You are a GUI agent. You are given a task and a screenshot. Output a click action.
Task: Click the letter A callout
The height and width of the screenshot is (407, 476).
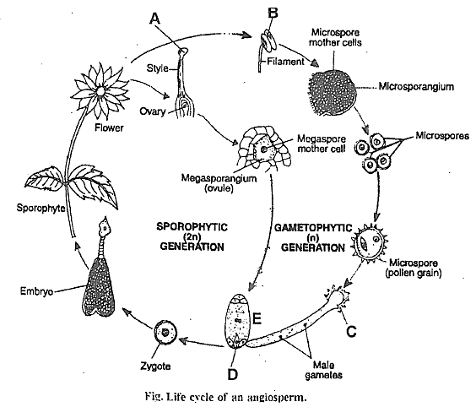click(154, 19)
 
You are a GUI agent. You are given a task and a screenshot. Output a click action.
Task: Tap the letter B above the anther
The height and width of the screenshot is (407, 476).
click(273, 13)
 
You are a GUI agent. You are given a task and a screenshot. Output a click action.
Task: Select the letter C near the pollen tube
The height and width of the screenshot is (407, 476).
click(351, 331)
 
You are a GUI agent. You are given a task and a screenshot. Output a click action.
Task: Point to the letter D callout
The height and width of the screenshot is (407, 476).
click(233, 375)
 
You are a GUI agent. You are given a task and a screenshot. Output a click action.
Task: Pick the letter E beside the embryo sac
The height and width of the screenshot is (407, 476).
click(257, 319)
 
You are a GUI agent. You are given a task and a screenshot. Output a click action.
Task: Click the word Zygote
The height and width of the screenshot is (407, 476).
click(155, 366)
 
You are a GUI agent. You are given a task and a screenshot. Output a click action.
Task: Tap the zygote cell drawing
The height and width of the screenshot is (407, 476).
click(165, 333)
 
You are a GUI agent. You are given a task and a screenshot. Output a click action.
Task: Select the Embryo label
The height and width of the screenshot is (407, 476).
click(36, 291)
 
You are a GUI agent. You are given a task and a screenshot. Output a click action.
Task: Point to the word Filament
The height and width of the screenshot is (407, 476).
click(285, 62)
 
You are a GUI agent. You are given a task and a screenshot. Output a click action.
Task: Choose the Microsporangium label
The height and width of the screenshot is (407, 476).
click(416, 87)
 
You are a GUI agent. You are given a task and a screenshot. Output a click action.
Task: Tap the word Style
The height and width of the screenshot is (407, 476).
click(157, 68)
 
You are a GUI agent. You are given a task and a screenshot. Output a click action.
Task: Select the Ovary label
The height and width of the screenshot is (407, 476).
click(153, 111)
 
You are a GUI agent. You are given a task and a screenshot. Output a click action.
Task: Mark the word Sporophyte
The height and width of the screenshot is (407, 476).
click(41, 208)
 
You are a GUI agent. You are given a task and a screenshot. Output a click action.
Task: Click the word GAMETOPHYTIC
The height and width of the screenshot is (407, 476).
click(313, 228)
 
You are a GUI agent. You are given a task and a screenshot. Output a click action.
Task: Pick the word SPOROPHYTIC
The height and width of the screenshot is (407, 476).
click(192, 227)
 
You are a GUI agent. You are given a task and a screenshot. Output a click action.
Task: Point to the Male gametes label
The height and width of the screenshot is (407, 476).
click(323, 370)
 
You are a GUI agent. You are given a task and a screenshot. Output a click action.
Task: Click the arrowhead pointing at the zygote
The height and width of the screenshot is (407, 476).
click(183, 340)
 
